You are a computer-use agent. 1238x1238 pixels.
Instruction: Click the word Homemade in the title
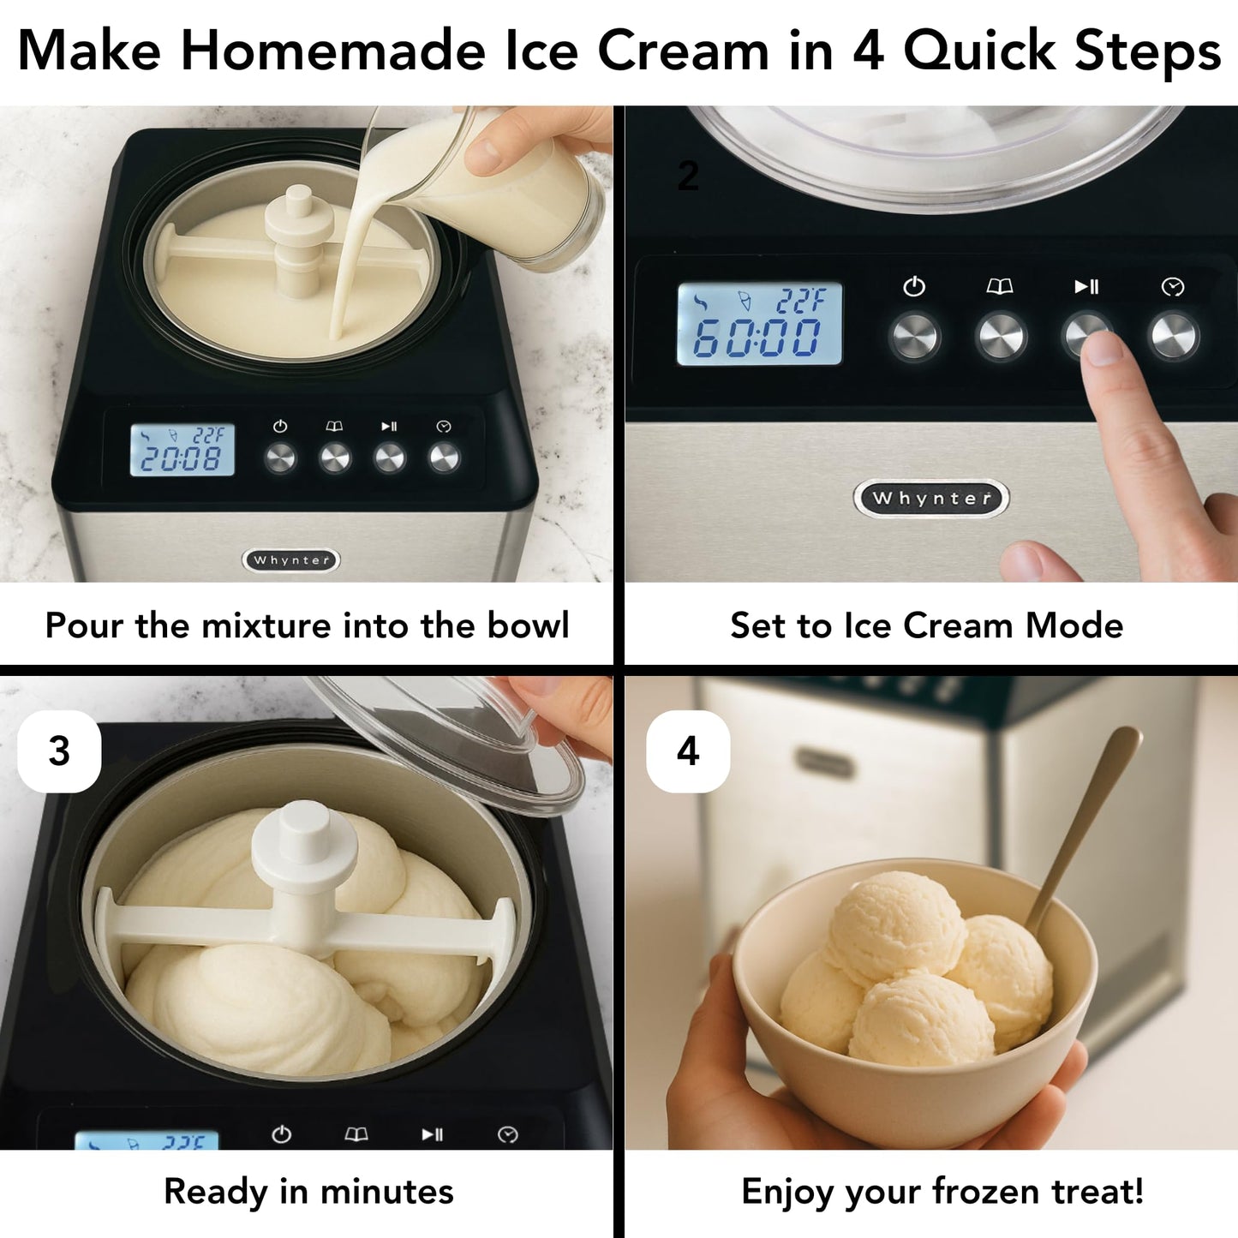pos(333,51)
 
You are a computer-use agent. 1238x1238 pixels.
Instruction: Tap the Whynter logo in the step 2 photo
pos(931,499)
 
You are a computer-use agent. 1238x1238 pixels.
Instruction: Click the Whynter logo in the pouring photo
pos(291,560)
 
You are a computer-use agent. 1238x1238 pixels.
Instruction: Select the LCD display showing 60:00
pos(759,325)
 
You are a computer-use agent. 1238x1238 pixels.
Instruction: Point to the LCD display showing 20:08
pos(182,451)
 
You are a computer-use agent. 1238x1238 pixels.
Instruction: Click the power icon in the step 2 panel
pos(914,286)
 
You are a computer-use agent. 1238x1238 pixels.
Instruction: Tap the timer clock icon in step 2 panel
pos(1173,287)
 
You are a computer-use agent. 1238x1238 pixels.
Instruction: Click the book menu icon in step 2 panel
pos(1000,286)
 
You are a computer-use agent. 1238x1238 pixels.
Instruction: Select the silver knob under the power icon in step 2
pos(914,337)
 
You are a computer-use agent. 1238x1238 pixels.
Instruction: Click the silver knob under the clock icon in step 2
pos(1174,337)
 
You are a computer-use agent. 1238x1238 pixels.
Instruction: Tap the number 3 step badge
pos(59,751)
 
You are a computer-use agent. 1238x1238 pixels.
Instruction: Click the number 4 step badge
pos(688,751)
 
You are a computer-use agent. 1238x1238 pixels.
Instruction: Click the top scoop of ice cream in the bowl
pos(896,925)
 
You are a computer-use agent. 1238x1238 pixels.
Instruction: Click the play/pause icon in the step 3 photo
pos(433,1134)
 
